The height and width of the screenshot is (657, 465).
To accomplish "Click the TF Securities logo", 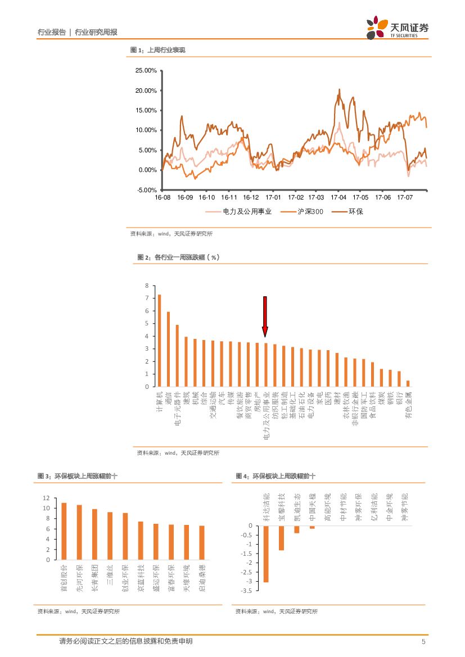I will pyautogui.click(x=396, y=28).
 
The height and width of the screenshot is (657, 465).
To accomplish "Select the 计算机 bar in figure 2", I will pyautogui.click(x=160, y=341).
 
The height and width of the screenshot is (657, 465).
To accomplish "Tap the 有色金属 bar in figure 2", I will pyautogui.click(x=408, y=383).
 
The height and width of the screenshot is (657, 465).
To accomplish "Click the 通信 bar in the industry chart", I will pyautogui.click(x=168, y=349).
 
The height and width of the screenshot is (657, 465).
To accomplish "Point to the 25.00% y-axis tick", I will pyautogui.click(x=146, y=71).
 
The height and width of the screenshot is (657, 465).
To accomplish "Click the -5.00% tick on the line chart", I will pyautogui.click(x=147, y=190).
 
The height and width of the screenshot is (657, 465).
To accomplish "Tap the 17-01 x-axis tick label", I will pyautogui.click(x=273, y=198).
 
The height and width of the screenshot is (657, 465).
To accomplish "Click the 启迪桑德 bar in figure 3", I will pyautogui.click(x=202, y=543).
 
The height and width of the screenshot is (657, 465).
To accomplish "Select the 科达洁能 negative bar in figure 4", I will pyautogui.click(x=266, y=554).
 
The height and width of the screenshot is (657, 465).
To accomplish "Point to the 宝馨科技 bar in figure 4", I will pyautogui.click(x=281, y=538).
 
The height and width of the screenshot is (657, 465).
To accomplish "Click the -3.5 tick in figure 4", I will pyautogui.click(x=246, y=591).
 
